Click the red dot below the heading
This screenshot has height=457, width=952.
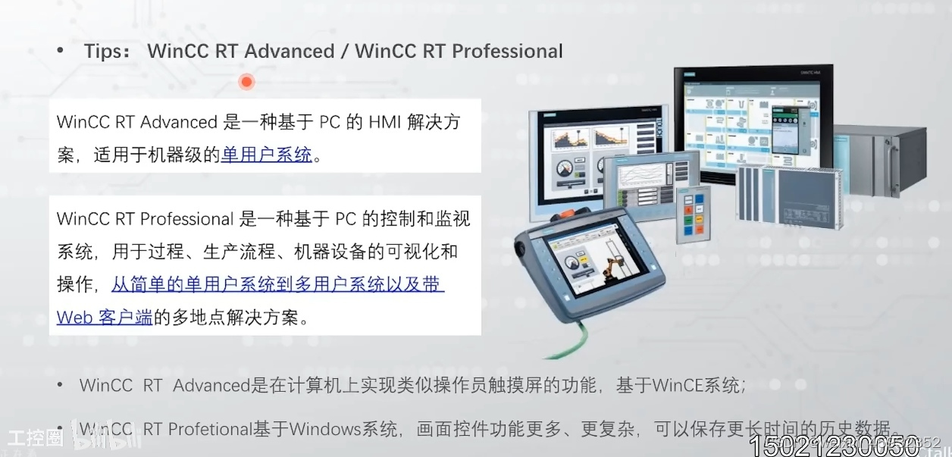(246, 82)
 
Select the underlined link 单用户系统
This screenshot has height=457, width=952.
(267, 155)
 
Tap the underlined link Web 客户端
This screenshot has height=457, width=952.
(105, 318)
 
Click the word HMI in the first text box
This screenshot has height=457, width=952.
(387, 122)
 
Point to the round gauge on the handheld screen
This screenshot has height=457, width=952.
(571, 266)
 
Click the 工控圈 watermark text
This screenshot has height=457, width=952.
(35, 438)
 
